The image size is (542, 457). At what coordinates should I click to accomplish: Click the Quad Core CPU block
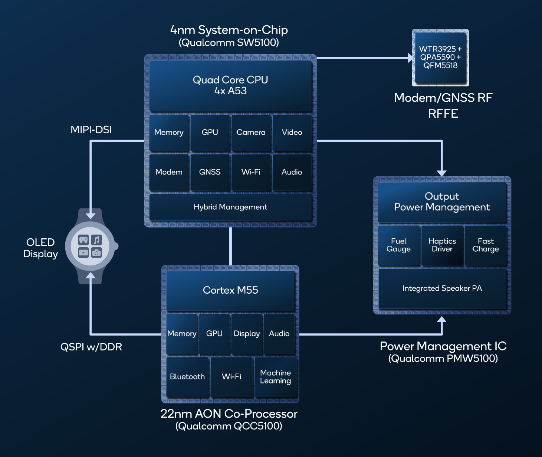pyautogui.click(x=230, y=86)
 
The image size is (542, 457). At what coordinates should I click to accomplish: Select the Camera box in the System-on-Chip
pyautogui.click(x=251, y=133)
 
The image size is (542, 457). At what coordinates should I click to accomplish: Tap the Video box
pyautogui.click(x=292, y=133)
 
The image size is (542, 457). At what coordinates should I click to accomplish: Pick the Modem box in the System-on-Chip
pyautogui.click(x=169, y=172)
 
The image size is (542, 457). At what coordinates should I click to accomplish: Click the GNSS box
pyautogui.click(x=210, y=172)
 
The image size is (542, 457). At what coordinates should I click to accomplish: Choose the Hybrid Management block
pyautogui.click(x=230, y=207)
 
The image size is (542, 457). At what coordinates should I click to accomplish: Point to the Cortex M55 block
pyautogui.click(x=230, y=290)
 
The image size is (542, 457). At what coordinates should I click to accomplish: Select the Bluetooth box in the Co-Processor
pyautogui.click(x=187, y=377)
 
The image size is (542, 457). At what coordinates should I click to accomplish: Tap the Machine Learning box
pyautogui.click(x=276, y=377)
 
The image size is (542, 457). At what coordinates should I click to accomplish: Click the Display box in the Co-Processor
pyautogui.click(x=247, y=334)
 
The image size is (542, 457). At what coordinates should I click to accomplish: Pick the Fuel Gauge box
pyautogui.click(x=399, y=245)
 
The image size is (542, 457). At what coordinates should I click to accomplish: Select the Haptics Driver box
pyautogui.click(x=442, y=245)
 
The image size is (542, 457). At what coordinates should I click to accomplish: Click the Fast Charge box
pyautogui.click(x=486, y=245)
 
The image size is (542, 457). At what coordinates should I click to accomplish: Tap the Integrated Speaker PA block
pyautogui.click(x=442, y=288)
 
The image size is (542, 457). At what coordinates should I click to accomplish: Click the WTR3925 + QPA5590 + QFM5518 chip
pyautogui.click(x=440, y=58)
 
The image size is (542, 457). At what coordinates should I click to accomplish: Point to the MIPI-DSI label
pyautogui.click(x=91, y=130)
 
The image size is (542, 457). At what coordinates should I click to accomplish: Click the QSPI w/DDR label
pyautogui.click(x=91, y=347)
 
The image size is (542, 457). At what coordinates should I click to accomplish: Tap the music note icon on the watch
pyautogui.click(x=96, y=240)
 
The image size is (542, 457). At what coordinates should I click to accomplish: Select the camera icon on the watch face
pyautogui.click(x=96, y=253)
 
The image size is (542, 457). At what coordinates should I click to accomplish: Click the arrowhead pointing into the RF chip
pyautogui.click(x=410, y=58)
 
